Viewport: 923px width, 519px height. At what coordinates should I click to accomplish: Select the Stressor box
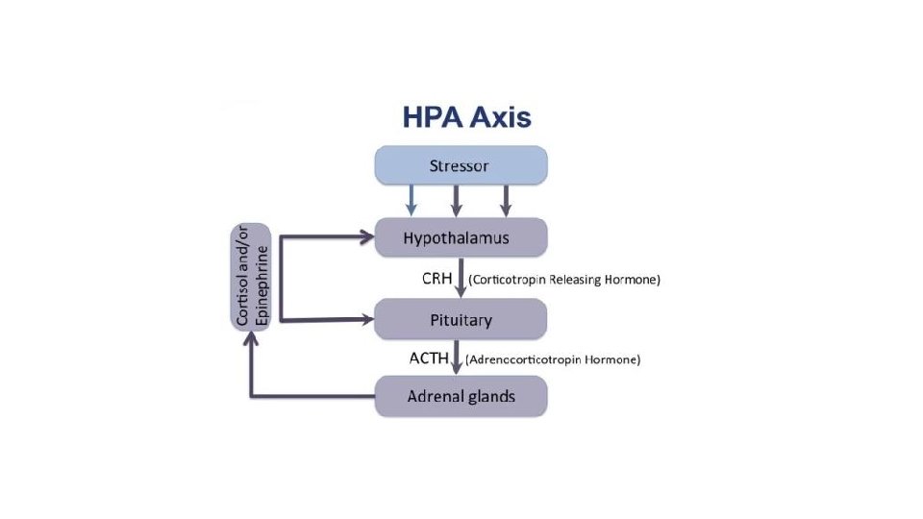(461, 165)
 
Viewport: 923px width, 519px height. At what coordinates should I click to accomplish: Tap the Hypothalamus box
(461, 236)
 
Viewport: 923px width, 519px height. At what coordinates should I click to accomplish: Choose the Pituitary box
(461, 319)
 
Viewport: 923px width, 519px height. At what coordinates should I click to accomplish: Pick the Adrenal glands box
(461, 396)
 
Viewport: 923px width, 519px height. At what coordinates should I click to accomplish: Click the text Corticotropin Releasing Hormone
(564, 281)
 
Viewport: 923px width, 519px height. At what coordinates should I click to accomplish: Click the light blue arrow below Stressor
(412, 200)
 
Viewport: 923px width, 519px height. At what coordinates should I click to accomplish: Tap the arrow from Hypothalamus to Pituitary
(461, 278)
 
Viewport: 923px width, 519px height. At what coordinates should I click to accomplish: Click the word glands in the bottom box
(488, 396)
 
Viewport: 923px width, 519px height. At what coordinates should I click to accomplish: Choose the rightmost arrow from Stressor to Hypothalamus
(505, 200)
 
